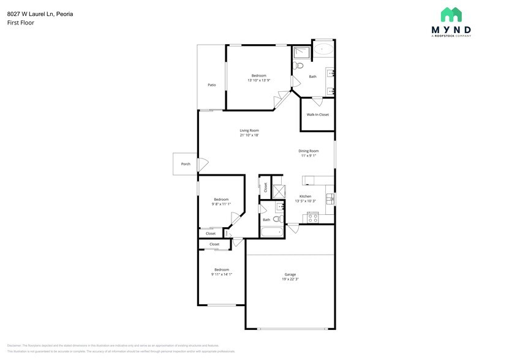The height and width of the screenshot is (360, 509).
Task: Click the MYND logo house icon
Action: coord(451,15)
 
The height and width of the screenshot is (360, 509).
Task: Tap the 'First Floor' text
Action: coord(21,23)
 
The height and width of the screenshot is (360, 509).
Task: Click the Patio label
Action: coord(211,85)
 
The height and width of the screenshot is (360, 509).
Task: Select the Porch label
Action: coord(185,164)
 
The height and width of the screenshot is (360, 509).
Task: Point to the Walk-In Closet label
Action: coord(317,114)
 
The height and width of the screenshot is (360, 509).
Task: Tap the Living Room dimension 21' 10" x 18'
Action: coord(249,135)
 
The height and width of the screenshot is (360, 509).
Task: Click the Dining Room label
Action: coord(309,151)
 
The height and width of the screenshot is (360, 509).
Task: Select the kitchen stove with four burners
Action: coord(312,217)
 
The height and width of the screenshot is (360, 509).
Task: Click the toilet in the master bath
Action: coord(298,66)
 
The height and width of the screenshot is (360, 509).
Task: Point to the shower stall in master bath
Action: coord(301,52)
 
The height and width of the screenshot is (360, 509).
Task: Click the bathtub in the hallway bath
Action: coord(271,231)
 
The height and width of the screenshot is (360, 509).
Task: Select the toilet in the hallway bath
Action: coord(277,219)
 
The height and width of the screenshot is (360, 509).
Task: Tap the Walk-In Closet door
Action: coord(317,100)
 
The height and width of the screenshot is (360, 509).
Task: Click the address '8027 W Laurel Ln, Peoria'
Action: coord(40,13)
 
